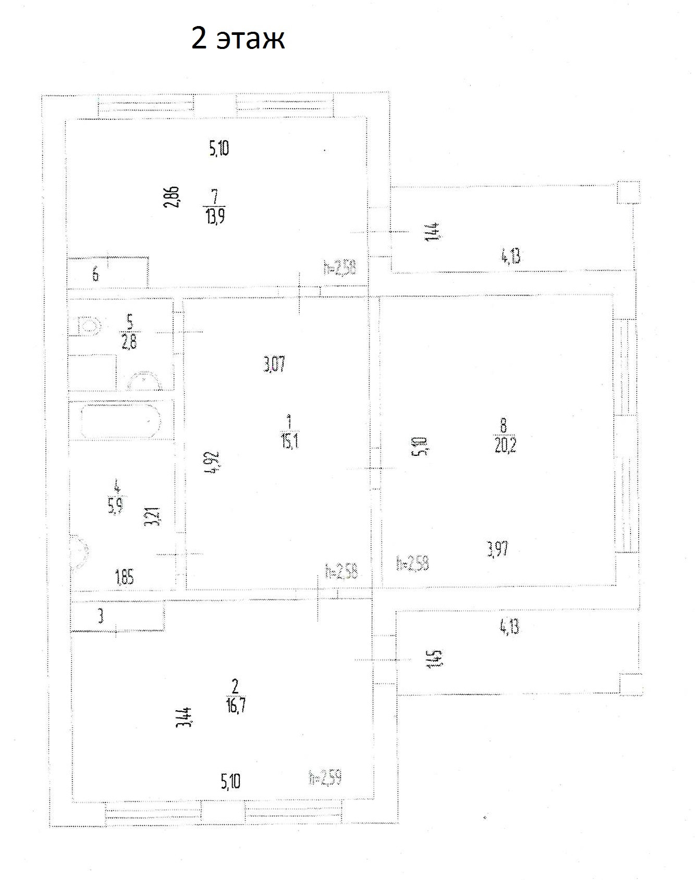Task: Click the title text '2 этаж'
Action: tap(238, 39)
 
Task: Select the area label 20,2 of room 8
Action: tap(505, 445)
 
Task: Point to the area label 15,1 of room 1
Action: tap(289, 442)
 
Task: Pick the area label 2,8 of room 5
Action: tap(129, 342)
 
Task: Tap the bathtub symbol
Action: tap(120, 420)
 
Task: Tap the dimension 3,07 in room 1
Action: tap(274, 363)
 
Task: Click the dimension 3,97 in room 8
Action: tap(497, 549)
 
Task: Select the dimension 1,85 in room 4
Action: tap(124, 577)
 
